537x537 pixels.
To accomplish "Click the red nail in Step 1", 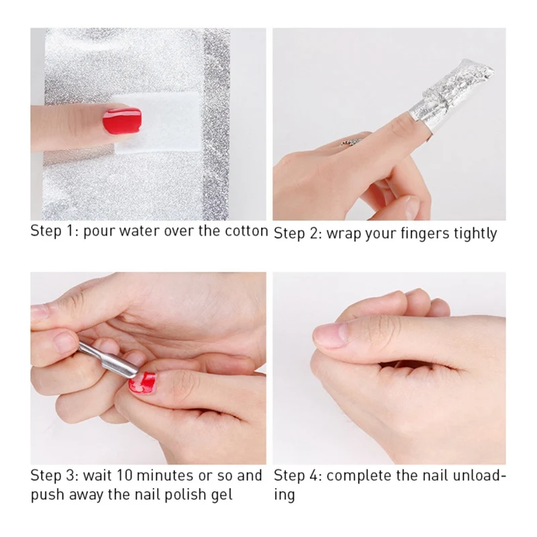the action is tap(122, 120).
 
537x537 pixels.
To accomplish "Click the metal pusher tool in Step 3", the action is tap(109, 360).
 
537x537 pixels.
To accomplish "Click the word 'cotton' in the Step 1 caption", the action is tap(246, 231).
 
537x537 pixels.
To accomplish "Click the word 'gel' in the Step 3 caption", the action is tap(222, 495).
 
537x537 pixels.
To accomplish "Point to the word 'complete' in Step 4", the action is tap(351, 477).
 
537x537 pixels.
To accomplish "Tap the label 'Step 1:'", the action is tap(55, 231).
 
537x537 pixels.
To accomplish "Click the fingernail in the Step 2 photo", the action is tap(411, 207).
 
